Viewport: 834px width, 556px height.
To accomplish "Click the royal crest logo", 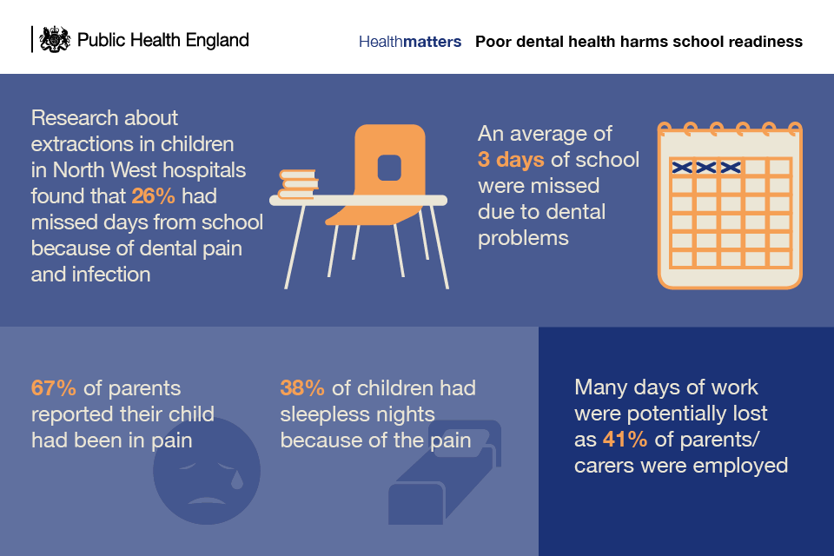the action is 55,39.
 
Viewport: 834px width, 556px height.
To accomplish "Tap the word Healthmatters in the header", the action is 410,42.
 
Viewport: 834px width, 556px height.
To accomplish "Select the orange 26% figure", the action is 153,196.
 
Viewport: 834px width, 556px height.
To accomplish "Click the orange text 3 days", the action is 511,160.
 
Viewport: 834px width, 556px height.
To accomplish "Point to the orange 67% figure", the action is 54,387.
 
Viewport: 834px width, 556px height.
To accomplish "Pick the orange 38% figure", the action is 302,387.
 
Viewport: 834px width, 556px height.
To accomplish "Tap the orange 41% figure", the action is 625,440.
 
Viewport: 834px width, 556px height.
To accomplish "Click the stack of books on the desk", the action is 299,183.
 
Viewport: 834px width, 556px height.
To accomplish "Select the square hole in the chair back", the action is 389,168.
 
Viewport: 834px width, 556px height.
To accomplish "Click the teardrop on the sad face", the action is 236,480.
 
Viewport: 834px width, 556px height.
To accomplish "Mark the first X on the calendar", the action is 682,168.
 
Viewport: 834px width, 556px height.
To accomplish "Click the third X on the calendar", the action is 731,168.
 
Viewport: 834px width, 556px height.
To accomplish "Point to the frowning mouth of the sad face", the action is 207,500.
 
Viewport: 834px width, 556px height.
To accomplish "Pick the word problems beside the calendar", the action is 523,239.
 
